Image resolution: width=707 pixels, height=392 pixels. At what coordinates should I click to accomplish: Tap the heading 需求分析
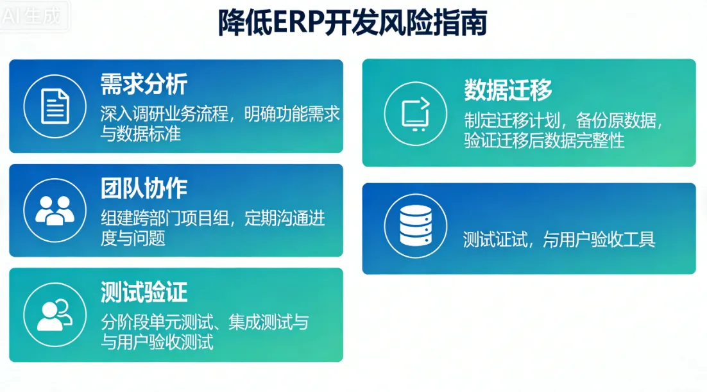144,84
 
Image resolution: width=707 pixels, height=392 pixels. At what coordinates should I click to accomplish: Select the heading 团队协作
144,188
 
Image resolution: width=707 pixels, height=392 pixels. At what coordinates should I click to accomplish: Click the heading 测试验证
144,292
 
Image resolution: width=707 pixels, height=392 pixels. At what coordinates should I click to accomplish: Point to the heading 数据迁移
508,90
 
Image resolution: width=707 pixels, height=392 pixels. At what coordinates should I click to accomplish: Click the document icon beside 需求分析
55,106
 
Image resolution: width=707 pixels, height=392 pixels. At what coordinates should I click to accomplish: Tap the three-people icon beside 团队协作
55,209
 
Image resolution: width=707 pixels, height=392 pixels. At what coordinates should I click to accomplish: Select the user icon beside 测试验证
55,314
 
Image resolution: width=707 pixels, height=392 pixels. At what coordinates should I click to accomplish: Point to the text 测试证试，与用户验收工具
559,240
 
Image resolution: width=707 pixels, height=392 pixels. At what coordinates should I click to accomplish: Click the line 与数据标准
141,133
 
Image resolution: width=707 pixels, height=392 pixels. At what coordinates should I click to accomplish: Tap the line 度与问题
133,238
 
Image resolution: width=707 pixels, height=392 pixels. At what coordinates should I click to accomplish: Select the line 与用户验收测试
157,342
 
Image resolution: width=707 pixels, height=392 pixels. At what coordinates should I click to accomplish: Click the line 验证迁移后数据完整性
544,140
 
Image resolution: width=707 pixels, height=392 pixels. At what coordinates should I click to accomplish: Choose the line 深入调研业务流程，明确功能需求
220,113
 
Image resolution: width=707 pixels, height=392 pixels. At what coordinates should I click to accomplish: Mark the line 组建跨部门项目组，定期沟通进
213,218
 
